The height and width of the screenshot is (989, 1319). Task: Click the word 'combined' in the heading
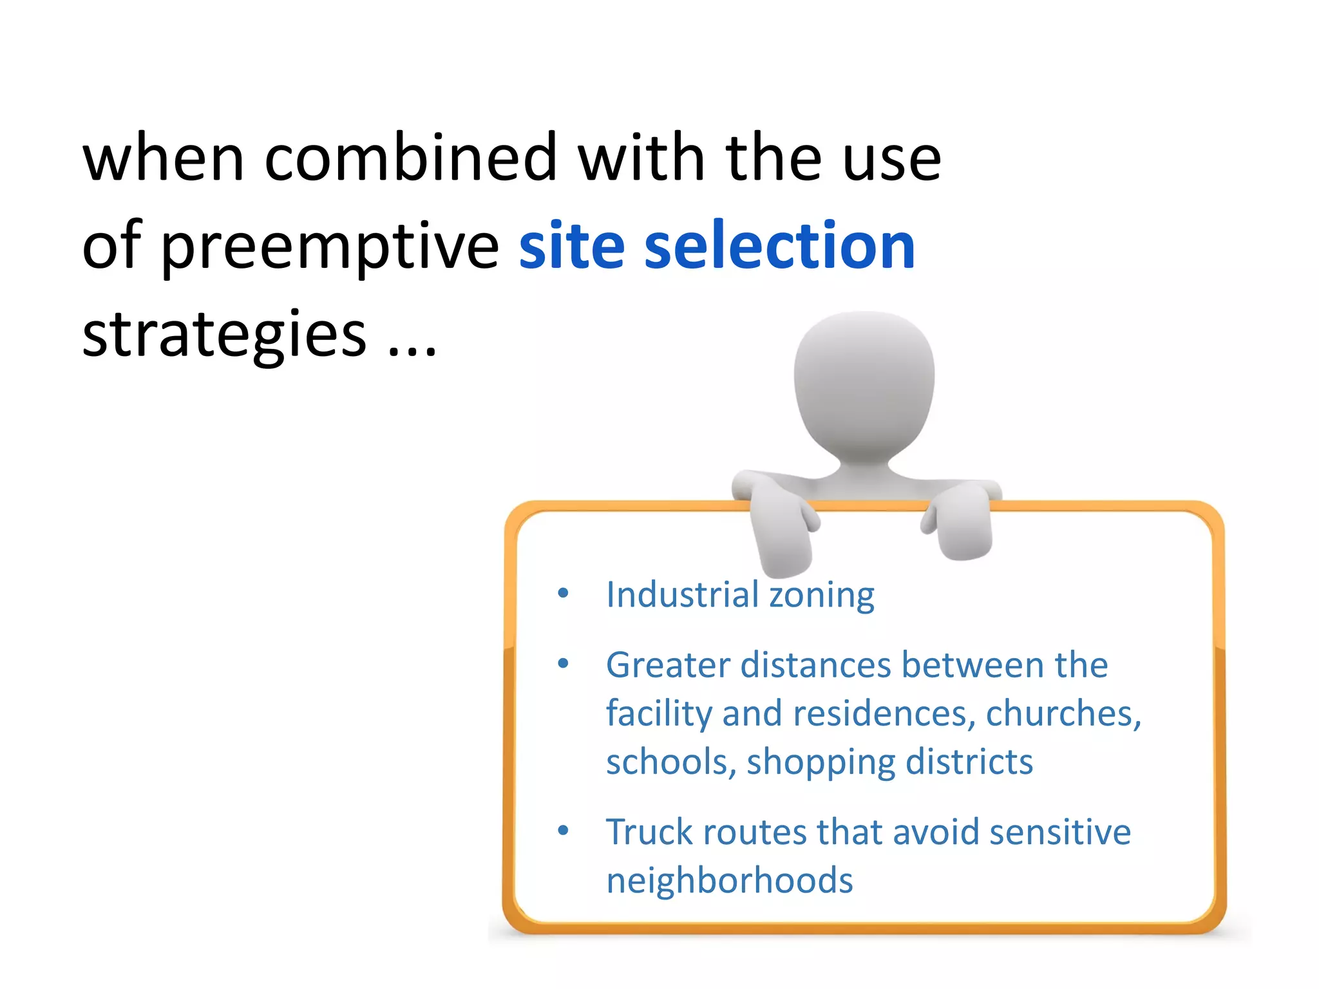tap(410, 158)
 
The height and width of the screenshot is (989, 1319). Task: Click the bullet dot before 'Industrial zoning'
tap(563, 593)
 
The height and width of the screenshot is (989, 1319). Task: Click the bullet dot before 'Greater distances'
tap(563, 663)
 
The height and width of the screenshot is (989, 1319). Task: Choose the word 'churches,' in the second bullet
tap(1063, 713)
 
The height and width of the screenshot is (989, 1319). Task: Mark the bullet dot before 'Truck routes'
tap(563, 831)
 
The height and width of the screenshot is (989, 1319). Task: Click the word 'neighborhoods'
tap(729, 881)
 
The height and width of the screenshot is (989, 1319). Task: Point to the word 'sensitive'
tap(1060, 831)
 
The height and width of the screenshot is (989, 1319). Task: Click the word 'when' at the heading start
tap(164, 158)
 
